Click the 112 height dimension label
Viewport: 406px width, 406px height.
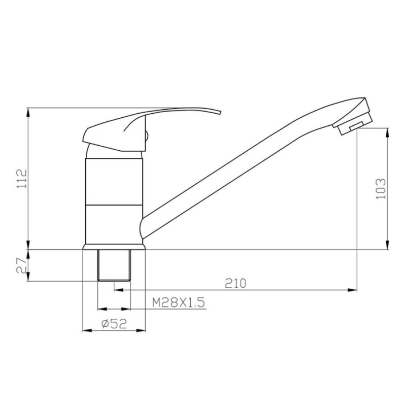[x=22, y=179]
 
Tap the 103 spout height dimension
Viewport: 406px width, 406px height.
[x=381, y=188]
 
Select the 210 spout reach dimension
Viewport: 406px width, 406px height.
[x=235, y=283]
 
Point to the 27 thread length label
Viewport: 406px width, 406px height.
[x=22, y=265]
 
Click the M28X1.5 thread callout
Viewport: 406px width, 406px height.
[x=179, y=302]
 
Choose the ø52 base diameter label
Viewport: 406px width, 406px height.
[x=114, y=324]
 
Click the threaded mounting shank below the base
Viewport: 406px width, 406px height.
[x=114, y=265]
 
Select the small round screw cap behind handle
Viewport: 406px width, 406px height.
[x=147, y=136]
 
